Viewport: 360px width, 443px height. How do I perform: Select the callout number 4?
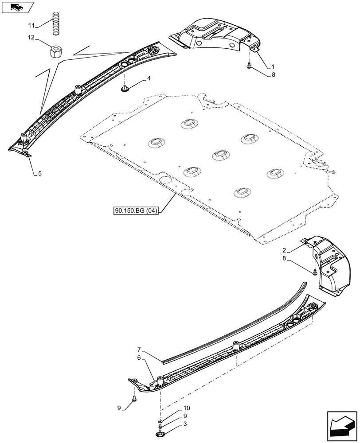(x=149, y=78)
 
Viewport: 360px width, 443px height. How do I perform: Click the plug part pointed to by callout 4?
(x=125, y=90)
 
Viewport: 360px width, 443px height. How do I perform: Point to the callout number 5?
(x=39, y=174)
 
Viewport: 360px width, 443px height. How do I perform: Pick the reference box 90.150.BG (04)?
(x=136, y=211)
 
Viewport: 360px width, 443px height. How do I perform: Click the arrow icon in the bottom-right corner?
(x=342, y=426)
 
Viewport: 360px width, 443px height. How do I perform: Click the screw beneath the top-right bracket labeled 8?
(x=249, y=66)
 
